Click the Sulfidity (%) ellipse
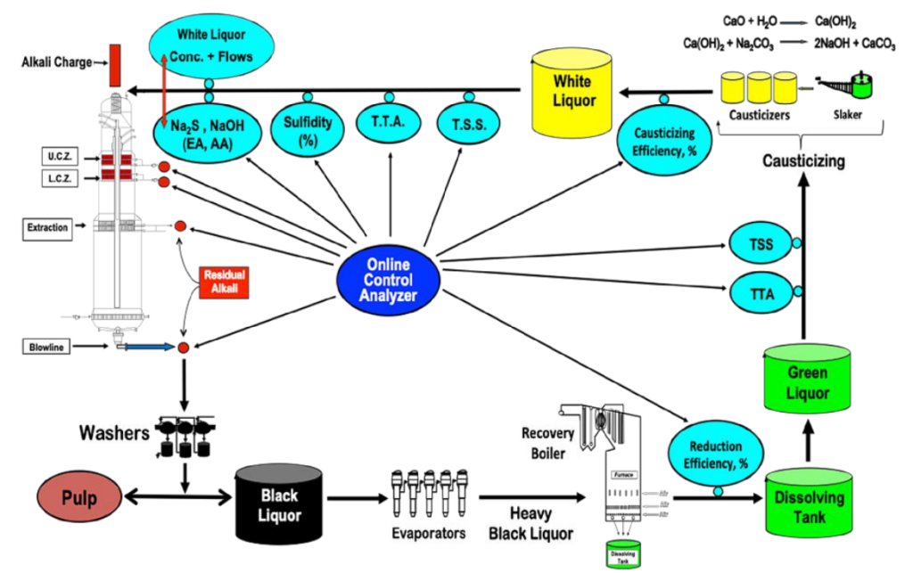pos(308,133)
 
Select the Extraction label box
pos(47,228)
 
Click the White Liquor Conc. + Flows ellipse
pos(210,47)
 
